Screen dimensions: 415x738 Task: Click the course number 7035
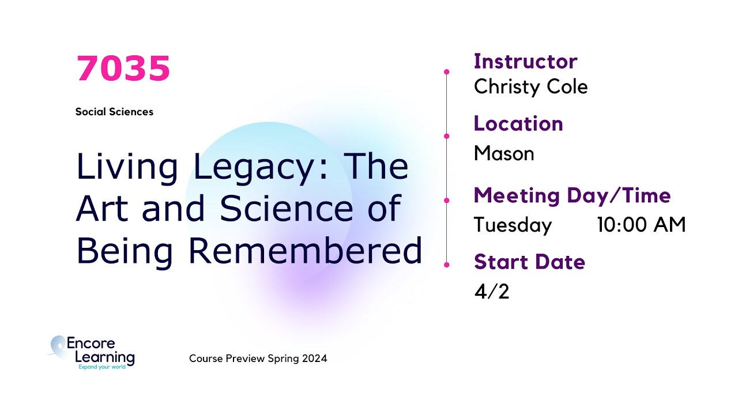pos(123,69)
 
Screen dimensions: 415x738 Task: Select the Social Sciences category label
pos(114,112)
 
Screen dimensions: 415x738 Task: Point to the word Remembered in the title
pos(306,251)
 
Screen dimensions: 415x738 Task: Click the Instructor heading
pos(525,61)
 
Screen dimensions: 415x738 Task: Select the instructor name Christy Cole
pos(530,87)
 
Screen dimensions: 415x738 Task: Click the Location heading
pos(518,123)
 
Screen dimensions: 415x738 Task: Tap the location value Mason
pos(503,153)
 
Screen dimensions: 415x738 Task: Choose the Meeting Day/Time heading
pos(572,195)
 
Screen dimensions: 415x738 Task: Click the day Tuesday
pos(513,225)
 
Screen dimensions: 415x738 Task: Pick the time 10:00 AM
pos(641,225)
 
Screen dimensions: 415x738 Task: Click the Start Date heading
pos(529,262)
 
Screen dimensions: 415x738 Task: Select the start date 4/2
pos(491,292)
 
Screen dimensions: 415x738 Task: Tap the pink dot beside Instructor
pos(447,72)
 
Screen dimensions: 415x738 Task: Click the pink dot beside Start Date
pos(447,265)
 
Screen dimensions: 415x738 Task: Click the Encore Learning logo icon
pos(58,348)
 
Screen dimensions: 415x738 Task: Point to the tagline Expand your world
pos(101,367)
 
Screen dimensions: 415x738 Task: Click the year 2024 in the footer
pos(316,359)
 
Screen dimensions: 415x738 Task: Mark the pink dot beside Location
pos(447,136)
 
